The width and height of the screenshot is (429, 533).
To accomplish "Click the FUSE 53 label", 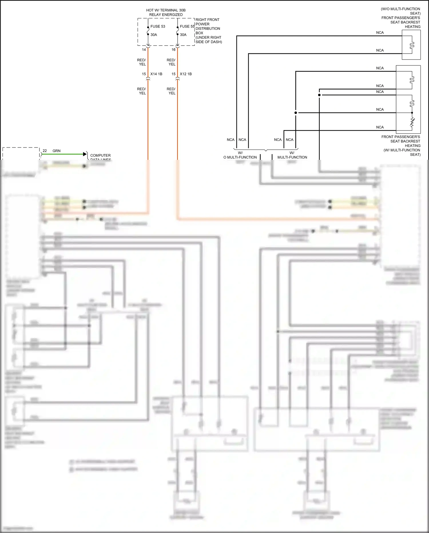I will coord(158,26).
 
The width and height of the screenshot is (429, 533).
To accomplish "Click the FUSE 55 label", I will coord(187,26).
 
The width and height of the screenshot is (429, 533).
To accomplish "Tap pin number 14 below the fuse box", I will coord(144,50).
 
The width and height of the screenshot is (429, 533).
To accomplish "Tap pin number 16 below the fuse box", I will coord(173,50).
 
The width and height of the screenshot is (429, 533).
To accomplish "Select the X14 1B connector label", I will coord(156,74).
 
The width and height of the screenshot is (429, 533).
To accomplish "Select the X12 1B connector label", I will coord(186,74).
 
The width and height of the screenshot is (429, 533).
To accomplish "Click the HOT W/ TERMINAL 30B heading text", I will coord(166,10).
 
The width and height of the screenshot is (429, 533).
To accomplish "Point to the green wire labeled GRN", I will coord(63,154).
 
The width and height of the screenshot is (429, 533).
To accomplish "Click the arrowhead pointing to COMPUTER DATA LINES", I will coord(85,154).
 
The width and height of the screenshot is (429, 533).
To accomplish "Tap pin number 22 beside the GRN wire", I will coord(45,151).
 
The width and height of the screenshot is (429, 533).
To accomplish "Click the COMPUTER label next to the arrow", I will coord(100,156).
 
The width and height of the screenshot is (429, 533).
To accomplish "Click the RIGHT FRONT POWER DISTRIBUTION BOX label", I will coord(208,31).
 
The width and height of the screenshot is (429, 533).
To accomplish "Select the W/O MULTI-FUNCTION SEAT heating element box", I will coord(411,45).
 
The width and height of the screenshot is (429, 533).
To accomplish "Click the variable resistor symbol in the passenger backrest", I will coord(412,122).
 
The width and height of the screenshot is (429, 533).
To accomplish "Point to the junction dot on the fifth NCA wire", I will coord(319,95).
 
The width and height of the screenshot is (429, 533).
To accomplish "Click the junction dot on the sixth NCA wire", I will coord(296,113).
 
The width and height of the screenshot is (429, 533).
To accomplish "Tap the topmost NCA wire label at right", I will coord(380,33).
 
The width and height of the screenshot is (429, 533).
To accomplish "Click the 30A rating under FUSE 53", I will coord(154,35).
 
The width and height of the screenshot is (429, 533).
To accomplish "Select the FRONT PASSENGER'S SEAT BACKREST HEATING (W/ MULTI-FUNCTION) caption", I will coord(401,145).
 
